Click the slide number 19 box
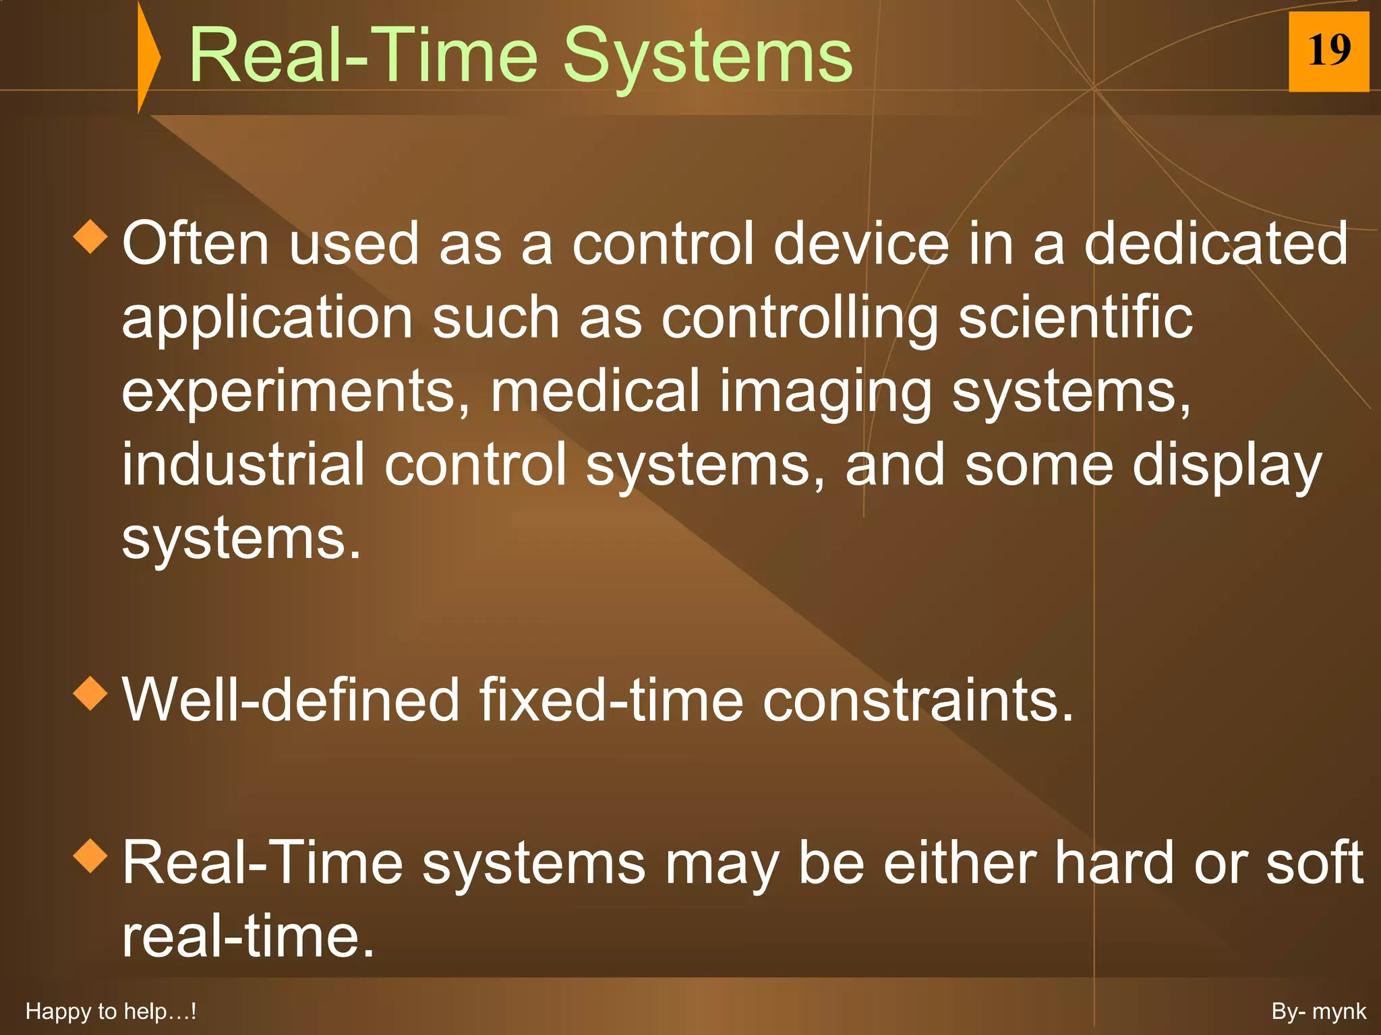point(1328,51)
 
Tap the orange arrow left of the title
point(148,57)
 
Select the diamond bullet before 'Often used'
point(90,237)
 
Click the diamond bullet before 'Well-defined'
point(90,694)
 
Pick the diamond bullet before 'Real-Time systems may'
point(90,856)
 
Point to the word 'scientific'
point(1075,318)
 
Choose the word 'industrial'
point(243,465)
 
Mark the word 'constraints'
point(917,701)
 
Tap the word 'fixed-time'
point(611,701)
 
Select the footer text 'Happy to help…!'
point(110,1011)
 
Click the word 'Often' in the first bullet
point(196,244)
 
